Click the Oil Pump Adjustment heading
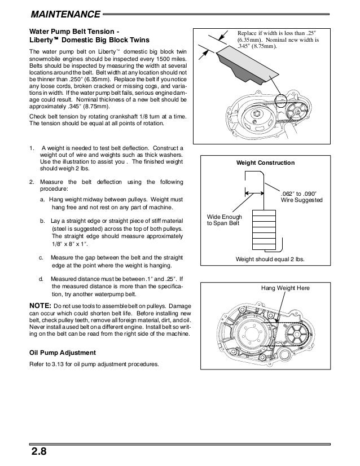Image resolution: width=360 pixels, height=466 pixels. coord(64,353)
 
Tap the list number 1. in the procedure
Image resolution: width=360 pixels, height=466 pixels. coord(31,148)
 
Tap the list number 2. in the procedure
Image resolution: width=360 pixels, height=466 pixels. coord(31,182)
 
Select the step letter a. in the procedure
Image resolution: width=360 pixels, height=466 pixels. coord(43,200)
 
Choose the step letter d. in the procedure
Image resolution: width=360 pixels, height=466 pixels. coord(42,279)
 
